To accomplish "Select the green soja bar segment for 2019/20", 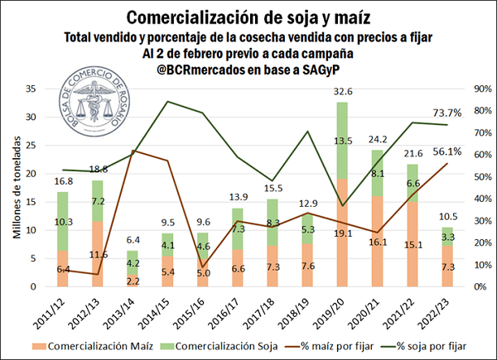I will pos(342,141).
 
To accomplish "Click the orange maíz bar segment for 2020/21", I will pos(377,240).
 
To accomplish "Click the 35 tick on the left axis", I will pos(31,89).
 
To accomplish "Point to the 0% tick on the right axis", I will pos(476,286).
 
